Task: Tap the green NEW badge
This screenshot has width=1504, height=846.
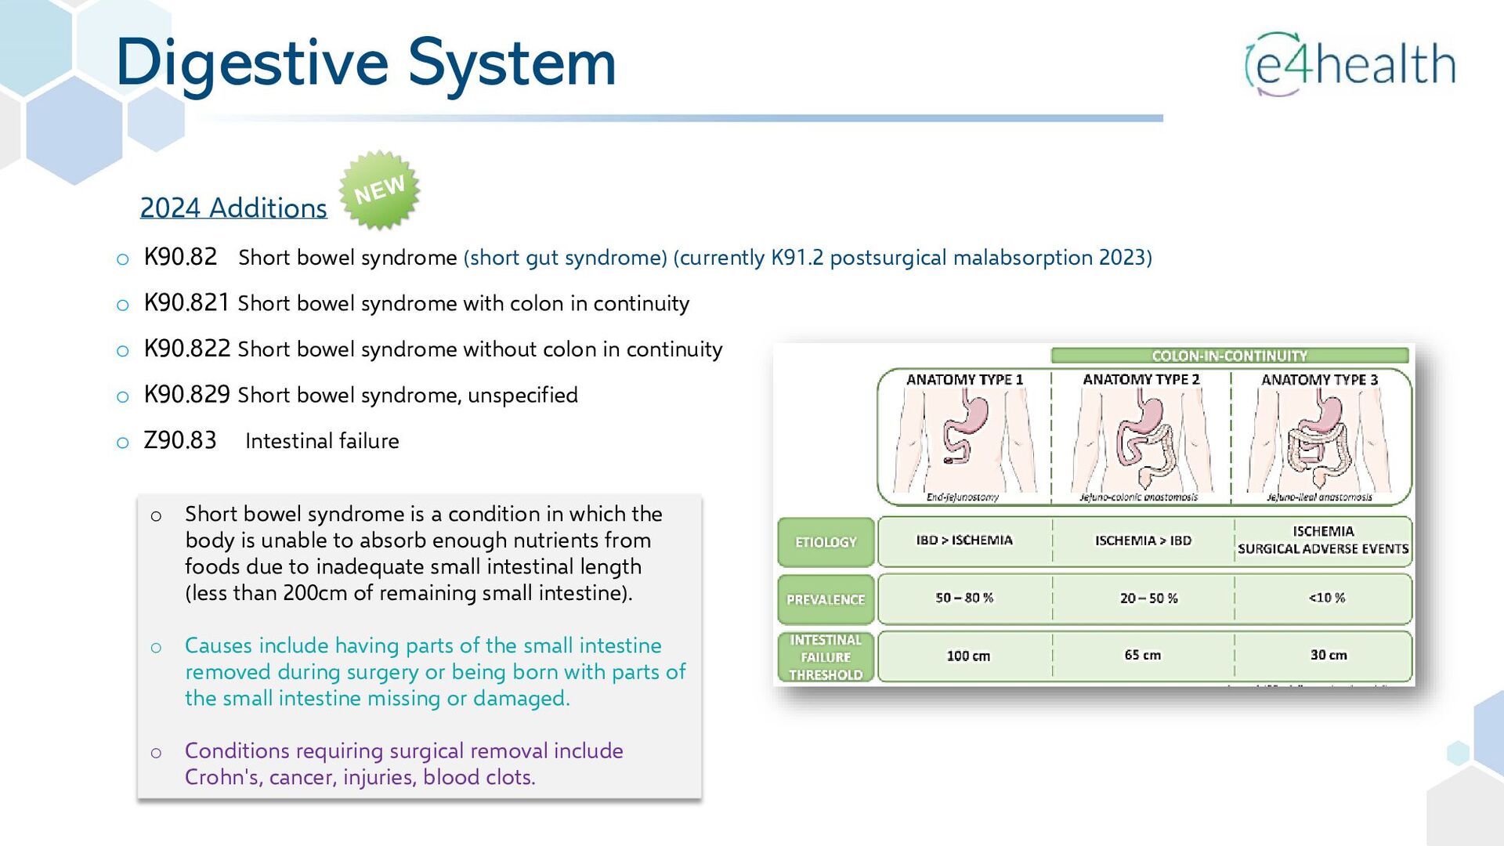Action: coord(379,190)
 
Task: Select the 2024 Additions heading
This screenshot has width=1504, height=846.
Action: coord(233,208)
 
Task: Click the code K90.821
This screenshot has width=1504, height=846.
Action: coord(186,303)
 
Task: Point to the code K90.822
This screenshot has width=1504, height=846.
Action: coord(187,349)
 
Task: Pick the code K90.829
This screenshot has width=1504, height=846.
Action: coord(186,395)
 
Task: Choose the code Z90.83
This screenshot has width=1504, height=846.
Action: coord(180,440)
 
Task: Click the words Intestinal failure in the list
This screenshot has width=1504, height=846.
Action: coord(322,441)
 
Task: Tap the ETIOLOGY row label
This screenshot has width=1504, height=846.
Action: coord(826,542)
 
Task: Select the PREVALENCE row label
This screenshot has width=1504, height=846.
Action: coord(826,599)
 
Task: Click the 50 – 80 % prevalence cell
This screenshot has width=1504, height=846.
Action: coord(964,598)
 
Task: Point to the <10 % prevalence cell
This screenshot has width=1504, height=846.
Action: coord(1326,598)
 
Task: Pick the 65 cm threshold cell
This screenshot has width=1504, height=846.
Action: coord(1143,655)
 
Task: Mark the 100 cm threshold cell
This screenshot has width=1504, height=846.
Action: coord(968,656)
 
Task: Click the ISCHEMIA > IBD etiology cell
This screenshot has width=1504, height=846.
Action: coord(1143,540)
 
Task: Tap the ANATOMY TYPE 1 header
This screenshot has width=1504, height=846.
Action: coord(964,380)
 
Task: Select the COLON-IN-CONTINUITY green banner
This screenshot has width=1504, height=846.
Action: coord(1229,356)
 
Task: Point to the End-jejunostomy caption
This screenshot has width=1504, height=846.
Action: coord(962,497)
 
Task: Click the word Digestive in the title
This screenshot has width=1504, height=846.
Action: coord(251,63)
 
